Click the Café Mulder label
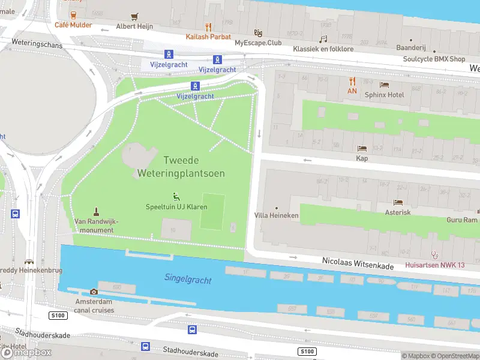click(x=73, y=25)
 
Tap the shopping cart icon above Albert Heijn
click(x=134, y=17)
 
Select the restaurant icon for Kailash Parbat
click(x=208, y=27)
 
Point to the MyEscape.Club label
click(x=258, y=43)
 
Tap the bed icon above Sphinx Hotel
click(x=384, y=85)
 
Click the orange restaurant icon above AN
click(x=352, y=81)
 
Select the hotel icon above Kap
click(x=362, y=148)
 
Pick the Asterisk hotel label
click(x=398, y=212)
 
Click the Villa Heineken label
click(x=276, y=215)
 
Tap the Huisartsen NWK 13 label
click(x=434, y=265)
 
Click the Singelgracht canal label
click(x=185, y=277)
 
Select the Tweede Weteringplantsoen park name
click(x=181, y=167)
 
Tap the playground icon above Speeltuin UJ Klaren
click(x=176, y=196)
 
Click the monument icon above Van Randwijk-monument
click(x=96, y=211)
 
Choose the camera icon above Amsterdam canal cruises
click(x=94, y=292)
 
